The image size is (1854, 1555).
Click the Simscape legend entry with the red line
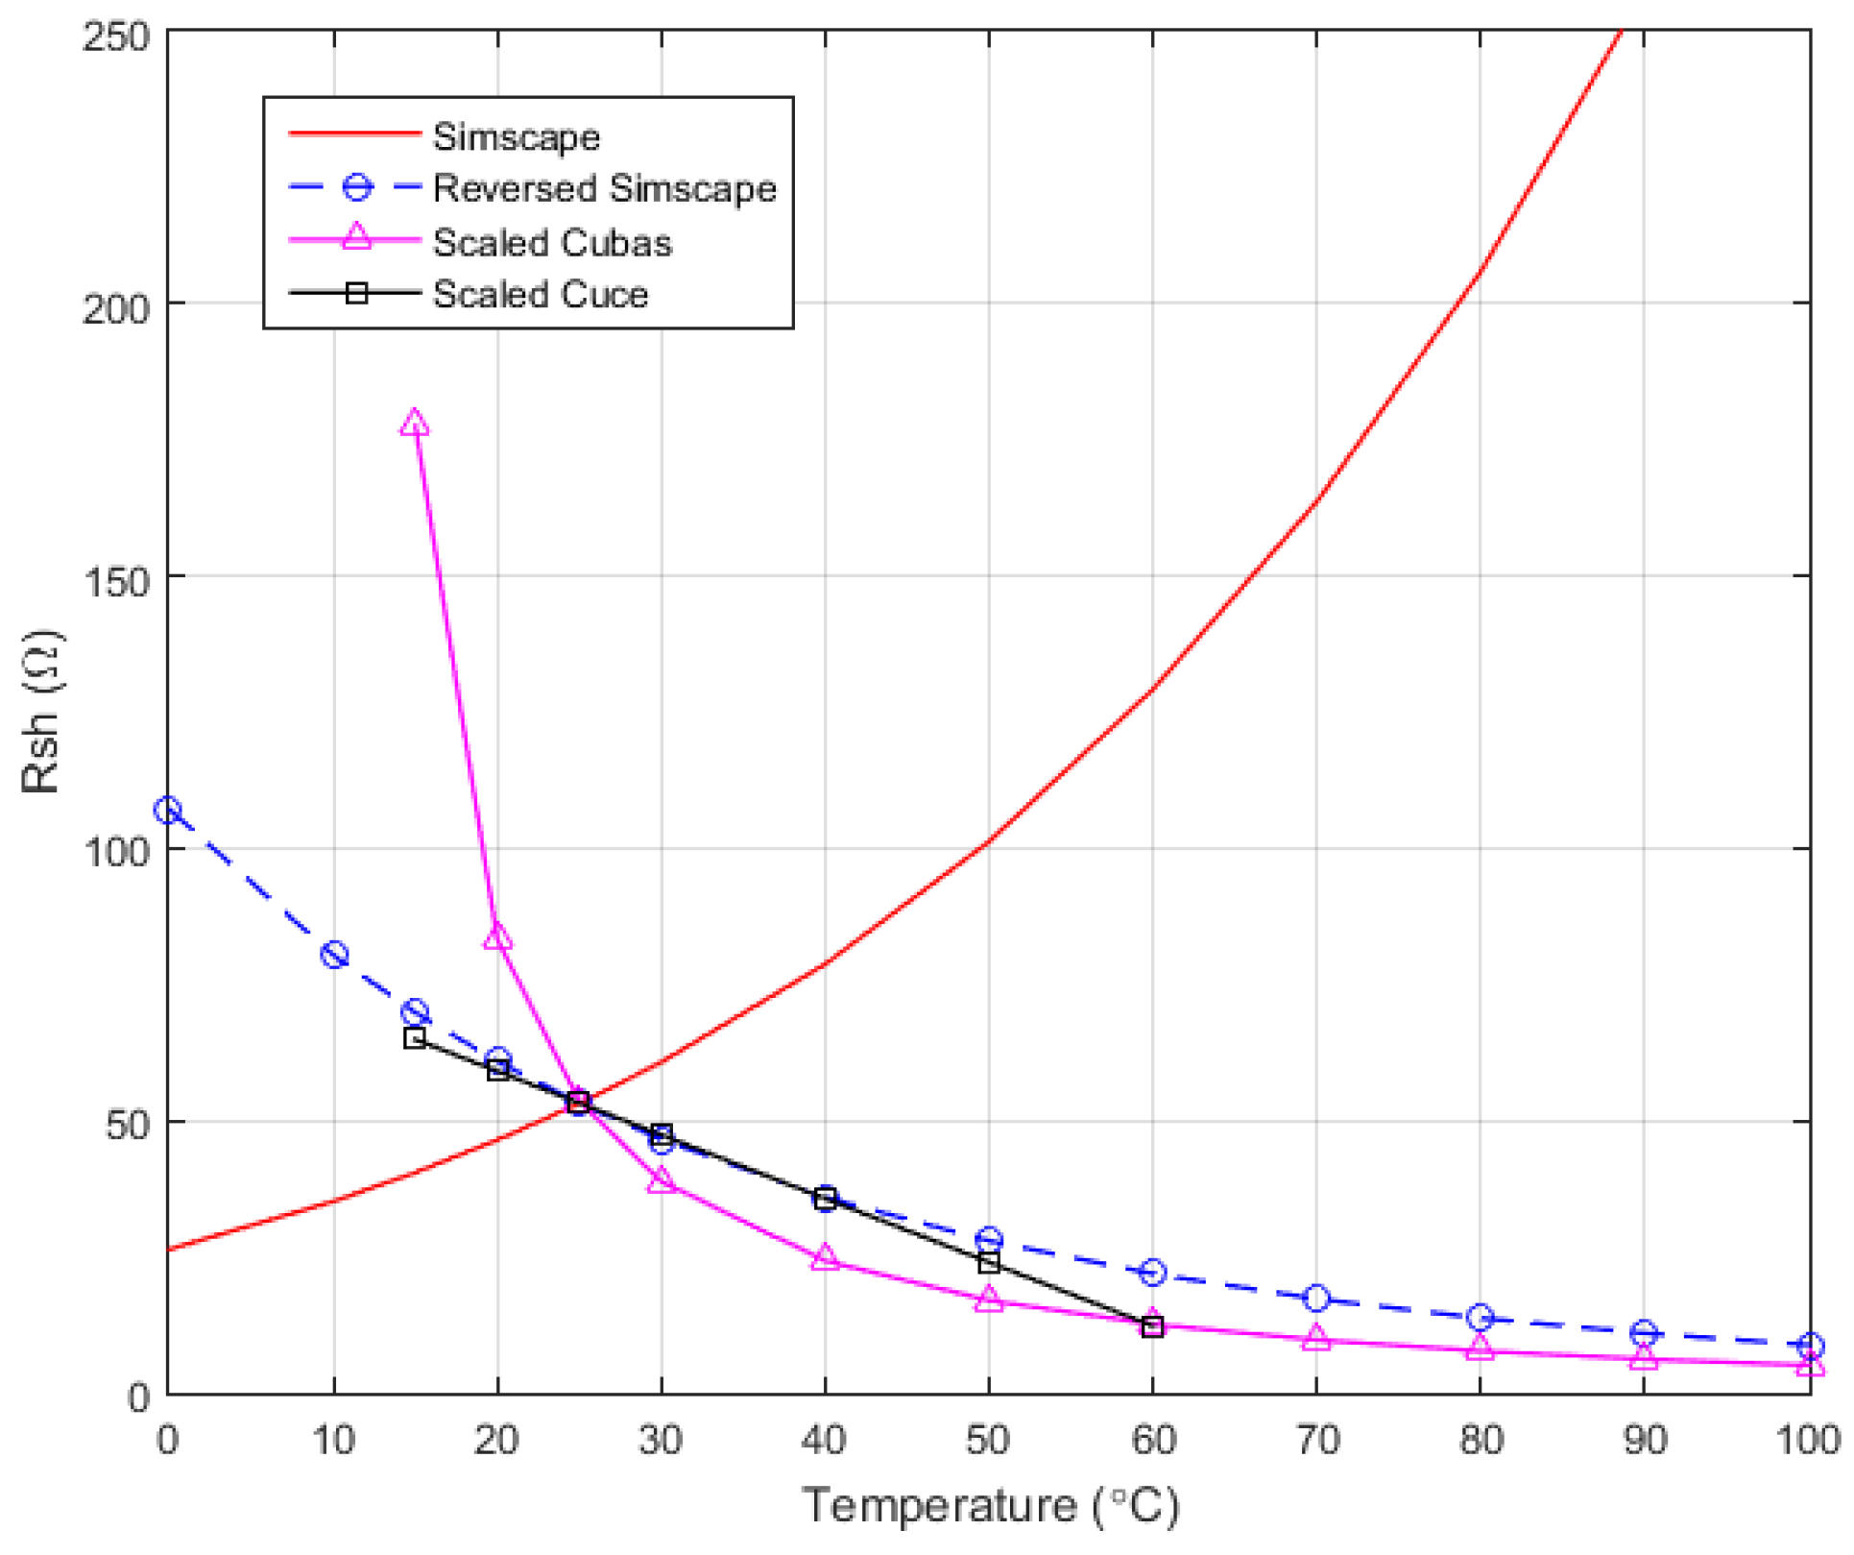(x=516, y=136)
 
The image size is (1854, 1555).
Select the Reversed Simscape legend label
(x=604, y=188)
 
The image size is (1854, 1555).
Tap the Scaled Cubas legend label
(x=552, y=242)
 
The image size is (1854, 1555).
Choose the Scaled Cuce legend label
(x=540, y=294)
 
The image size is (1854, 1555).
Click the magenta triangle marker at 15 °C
(x=414, y=424)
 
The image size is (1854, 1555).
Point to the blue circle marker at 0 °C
(x=168, y=811)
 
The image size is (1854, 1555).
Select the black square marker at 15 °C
(x=415, y=1037)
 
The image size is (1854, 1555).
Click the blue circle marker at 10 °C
(x=334, y=955)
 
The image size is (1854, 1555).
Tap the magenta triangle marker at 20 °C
(x=497, y=936)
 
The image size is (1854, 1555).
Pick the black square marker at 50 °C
(x=989, y=1263)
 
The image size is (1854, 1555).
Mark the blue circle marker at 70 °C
(x=1316, y=1298)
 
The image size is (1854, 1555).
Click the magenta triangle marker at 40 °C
(x=825, y=1258)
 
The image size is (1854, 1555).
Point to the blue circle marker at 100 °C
(x=1810, y=1346)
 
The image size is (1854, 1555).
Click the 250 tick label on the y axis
(x=116, y=36)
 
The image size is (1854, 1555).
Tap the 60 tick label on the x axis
(x=1153, y=1439)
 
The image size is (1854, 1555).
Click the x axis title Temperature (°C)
(x=989, y=1505)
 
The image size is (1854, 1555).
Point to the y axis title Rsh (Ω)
(x=42, y=711)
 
